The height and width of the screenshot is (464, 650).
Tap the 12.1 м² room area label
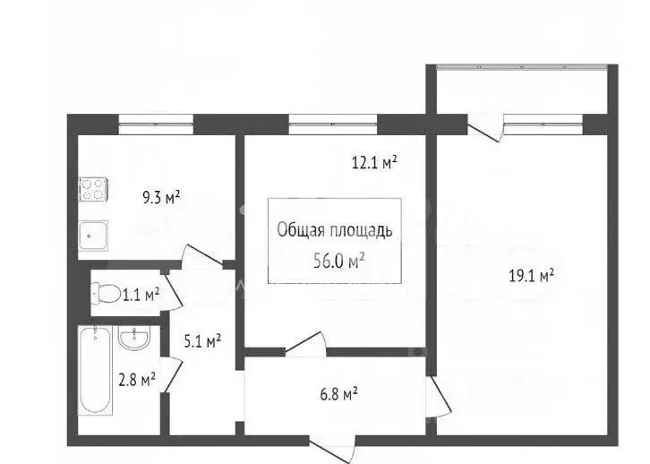pos(374,162)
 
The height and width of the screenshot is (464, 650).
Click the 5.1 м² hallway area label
pos(201,340)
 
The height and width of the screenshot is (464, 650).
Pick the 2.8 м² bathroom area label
pos(137,378)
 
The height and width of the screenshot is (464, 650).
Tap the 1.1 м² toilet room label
pos(141,293)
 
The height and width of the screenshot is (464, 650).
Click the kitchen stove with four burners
pos(93,189)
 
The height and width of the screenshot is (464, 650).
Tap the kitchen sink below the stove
pos(92,235)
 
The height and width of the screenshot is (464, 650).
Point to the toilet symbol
pos(107,293)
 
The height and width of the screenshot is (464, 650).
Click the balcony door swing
pos(484,129)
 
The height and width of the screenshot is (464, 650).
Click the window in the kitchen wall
pos(148,118)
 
